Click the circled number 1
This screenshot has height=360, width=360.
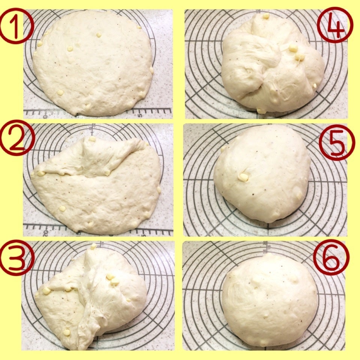pos(16,26)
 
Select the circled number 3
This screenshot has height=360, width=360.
pos(17,258)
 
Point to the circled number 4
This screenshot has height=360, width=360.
pos(335,25)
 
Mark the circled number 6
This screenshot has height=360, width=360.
pos(331,257)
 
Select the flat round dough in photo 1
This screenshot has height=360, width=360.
pos(93,63)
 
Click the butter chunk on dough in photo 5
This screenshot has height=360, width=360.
pos(243,177)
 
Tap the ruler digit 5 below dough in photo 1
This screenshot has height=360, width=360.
pos(140,115)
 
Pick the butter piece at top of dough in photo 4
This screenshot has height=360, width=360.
pos(266,16)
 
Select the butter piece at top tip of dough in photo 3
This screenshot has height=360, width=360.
pos(93,247)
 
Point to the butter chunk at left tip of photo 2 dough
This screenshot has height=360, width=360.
pos(41,174)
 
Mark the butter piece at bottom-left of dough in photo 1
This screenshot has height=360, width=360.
pos(60,93)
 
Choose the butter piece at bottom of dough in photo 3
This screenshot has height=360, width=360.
pos(67,333)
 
